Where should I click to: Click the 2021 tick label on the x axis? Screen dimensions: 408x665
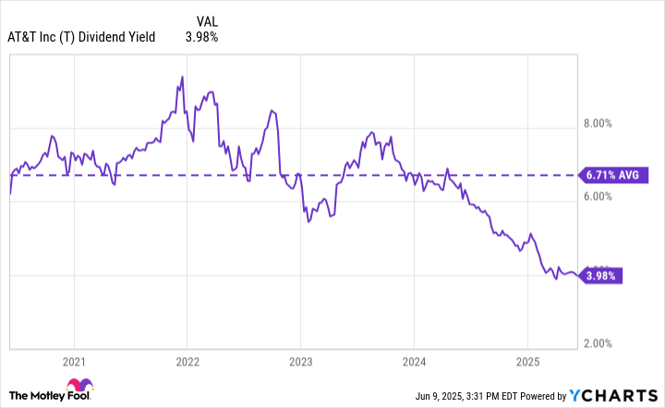(x=74, y=360)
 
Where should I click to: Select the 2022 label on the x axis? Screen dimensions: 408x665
(x=187, y=360)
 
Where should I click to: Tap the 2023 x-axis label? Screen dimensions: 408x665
(x=301, y=360)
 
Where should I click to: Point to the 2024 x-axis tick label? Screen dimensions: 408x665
(x=414, y=360)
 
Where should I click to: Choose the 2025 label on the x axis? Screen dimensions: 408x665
(x=527, y=360)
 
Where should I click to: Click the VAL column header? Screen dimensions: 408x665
(x=209, y=19)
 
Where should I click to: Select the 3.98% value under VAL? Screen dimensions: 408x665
(x=202, y=37)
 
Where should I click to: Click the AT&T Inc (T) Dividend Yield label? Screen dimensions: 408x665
(x=82, y=37)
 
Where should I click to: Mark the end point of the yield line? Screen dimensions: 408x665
(x=578, y=275)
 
